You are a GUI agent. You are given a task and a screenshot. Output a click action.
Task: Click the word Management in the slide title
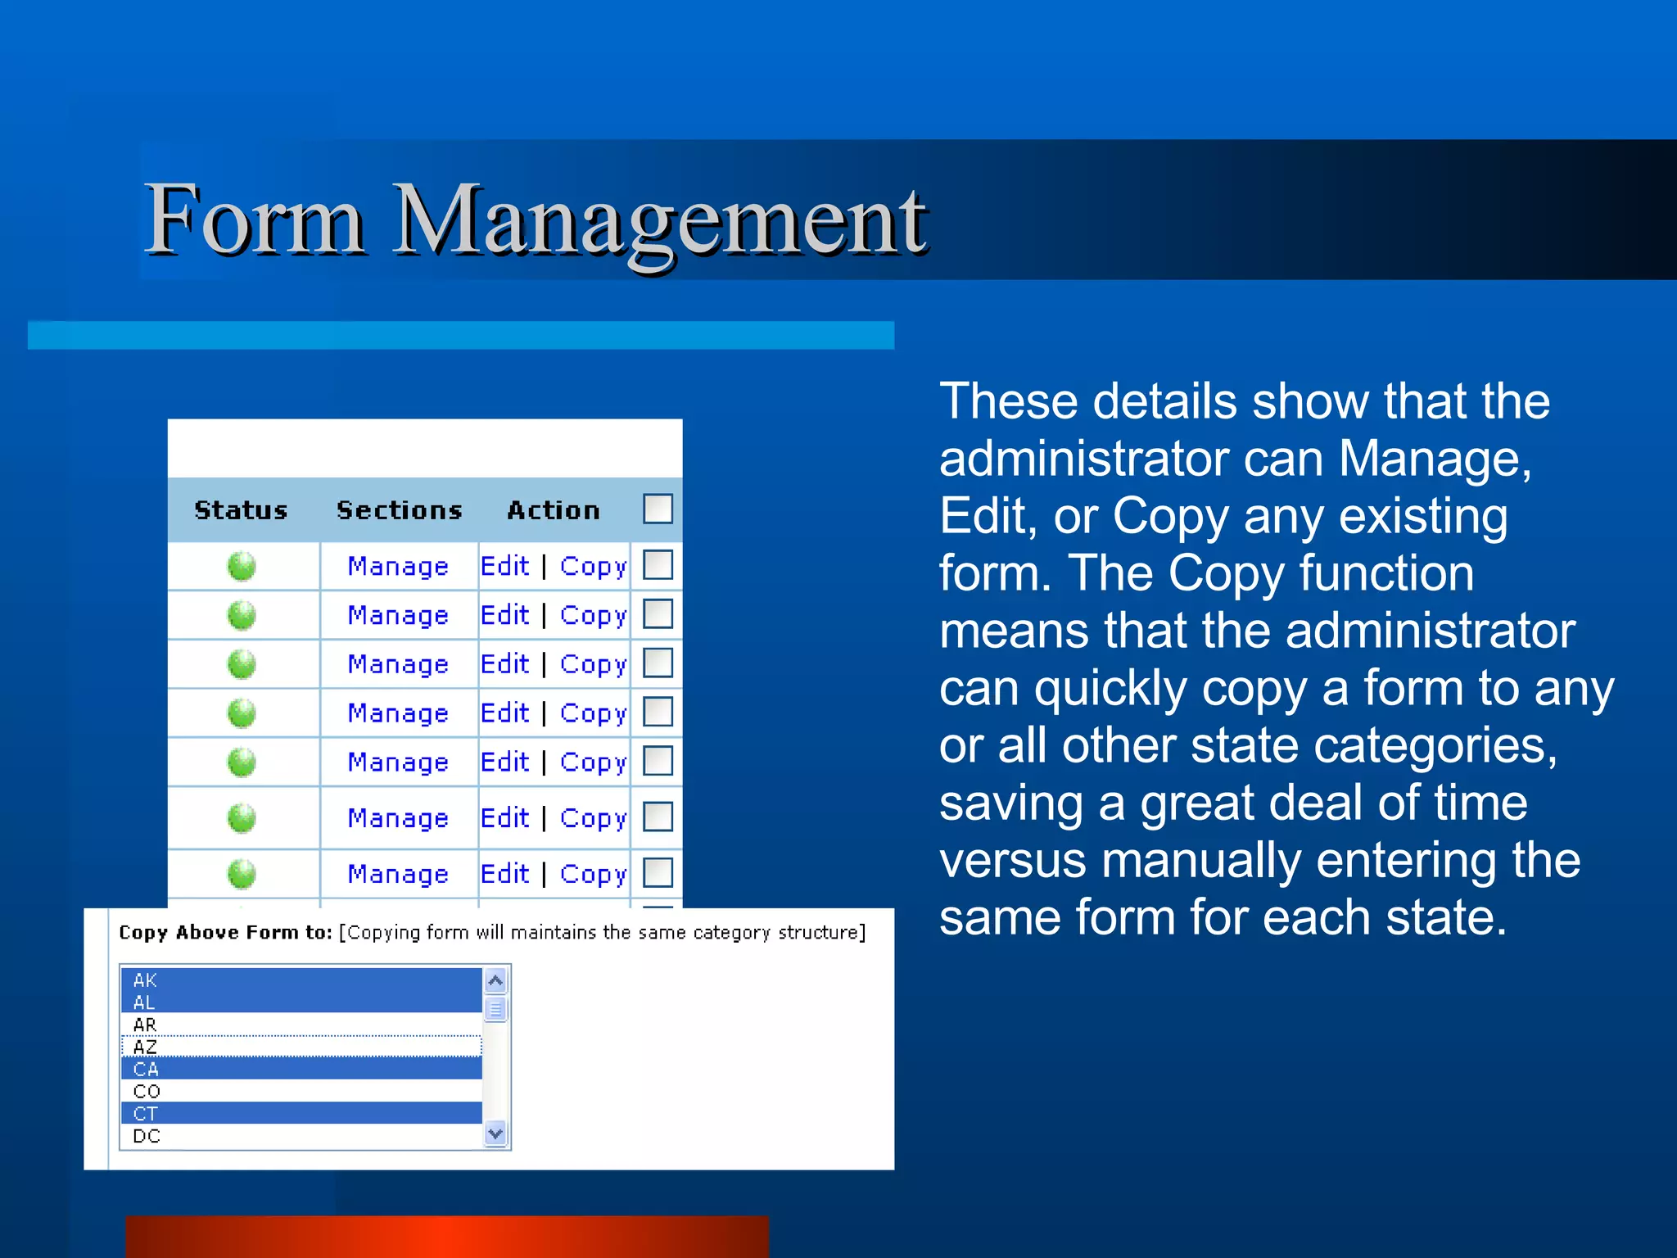coord(659,221)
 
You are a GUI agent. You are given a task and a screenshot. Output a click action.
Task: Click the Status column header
coord(241,510)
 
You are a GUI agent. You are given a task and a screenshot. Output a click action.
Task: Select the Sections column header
coord(400,510)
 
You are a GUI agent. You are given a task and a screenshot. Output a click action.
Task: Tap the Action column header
coord(554,510)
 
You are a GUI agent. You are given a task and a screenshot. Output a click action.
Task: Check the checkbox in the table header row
coord(658,509)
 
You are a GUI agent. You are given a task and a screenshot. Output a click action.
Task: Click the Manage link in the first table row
coord(398,566)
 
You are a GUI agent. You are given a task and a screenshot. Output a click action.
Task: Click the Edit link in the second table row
coord(504,614)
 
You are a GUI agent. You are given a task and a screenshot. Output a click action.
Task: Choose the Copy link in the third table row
coord(593,663)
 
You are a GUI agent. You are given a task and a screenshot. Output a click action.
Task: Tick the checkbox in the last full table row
coord(658,872)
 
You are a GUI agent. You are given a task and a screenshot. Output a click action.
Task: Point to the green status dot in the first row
coord(242,566)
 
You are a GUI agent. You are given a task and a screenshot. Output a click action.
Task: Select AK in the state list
coord(145,980)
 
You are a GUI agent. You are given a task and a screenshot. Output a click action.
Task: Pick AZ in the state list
coord(145,1047)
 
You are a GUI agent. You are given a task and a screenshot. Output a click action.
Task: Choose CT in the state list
coord(145,1114)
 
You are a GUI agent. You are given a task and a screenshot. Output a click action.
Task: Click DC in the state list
coord(147,1136)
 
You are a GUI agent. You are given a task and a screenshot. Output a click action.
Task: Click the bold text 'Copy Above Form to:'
coord(225,932)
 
